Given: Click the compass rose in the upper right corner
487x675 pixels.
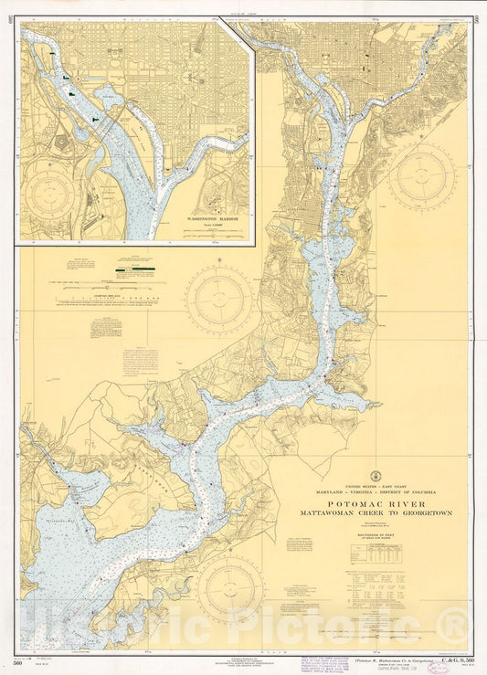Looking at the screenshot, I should pos(421,177).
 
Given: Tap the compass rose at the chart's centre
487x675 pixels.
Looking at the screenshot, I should pos(219,298).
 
